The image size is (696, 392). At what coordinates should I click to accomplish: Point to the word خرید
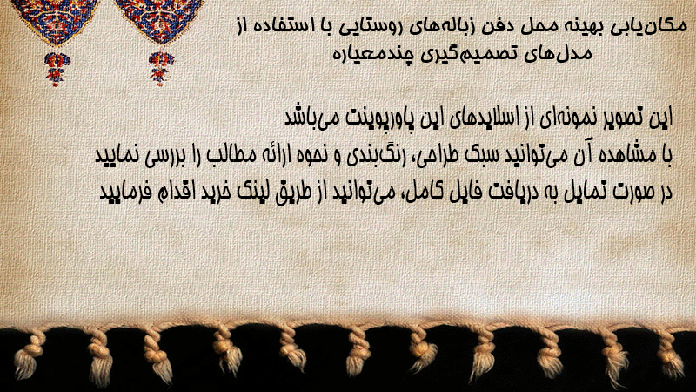click(x=215, y=192)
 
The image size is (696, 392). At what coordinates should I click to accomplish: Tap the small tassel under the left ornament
click(x=57, y=68)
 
